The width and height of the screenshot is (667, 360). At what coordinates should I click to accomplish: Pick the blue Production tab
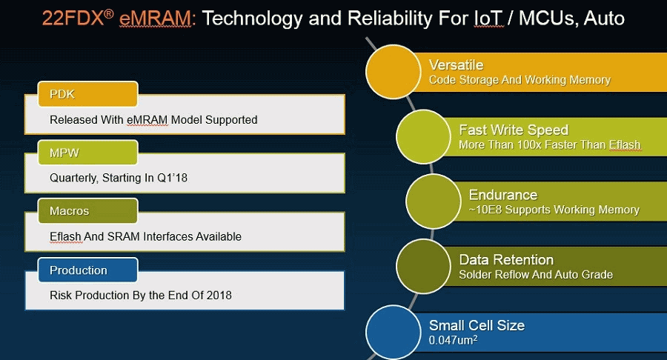(87, 270)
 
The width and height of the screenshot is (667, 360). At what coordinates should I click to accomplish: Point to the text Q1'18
(172, 178)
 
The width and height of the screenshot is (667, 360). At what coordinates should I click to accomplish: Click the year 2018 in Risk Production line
(219, 295)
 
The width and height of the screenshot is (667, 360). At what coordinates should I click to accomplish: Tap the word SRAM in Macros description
(123, 236)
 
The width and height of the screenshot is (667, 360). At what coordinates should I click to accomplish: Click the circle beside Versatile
(393, 72)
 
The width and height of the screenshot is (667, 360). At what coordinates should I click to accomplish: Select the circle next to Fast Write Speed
(423, 136)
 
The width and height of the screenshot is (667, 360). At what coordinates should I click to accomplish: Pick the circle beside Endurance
(434, 201)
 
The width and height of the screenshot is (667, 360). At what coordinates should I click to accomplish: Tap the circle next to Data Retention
(423, 266)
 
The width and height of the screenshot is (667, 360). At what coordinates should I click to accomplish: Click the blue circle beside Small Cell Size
(393, 332)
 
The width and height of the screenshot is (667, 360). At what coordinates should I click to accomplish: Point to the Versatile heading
(456, 65)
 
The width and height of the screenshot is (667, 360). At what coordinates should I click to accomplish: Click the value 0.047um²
(453, 340)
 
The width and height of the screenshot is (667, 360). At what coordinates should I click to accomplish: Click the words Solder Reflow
(494, 275)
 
